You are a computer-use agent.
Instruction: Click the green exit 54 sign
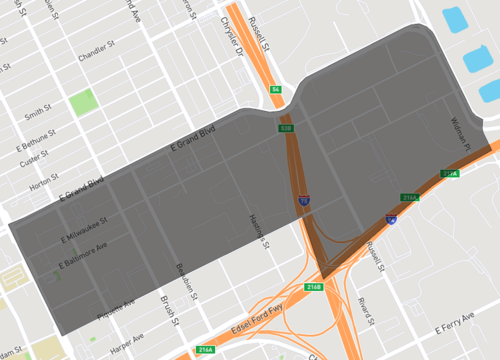tap(275, 90)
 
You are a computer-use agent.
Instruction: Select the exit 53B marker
tap(286, 128)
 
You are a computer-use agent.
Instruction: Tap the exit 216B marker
tap(313, 287)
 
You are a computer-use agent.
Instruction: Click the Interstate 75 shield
tap(302, 201)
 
